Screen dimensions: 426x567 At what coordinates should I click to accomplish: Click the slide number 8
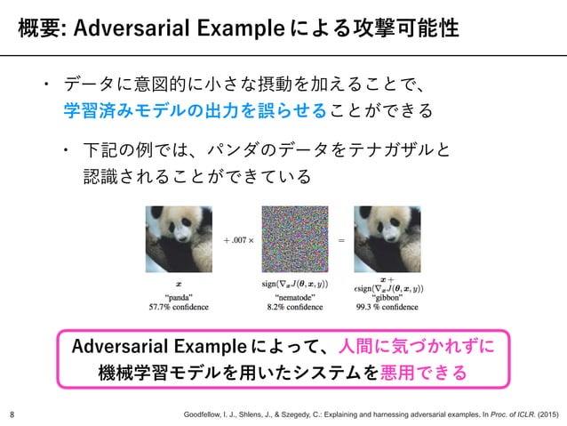(x=12, y=414)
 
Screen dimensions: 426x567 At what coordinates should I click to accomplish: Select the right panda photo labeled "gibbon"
(x=388, y=240)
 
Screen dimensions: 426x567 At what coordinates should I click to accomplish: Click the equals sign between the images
(x=342, y=239)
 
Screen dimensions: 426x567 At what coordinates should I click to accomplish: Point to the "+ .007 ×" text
(x=236, y=239)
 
